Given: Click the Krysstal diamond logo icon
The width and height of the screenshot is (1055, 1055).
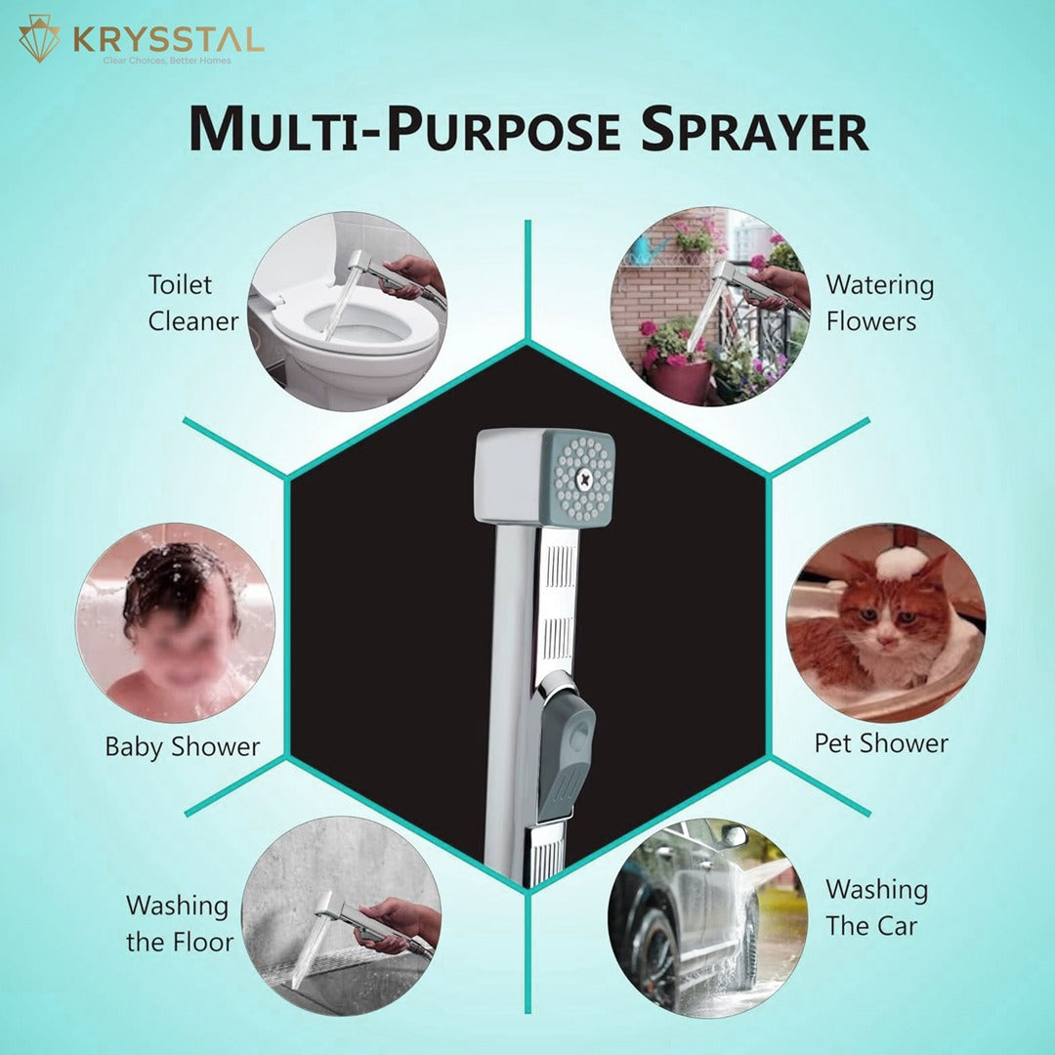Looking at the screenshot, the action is [x=40, y=39].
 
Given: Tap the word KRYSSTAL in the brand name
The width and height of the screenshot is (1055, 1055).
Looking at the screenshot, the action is [x=168, y=40].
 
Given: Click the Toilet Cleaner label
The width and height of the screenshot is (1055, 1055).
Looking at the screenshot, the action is [x=193, y=303].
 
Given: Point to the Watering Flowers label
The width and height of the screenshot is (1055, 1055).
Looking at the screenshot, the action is [x=880, y=303].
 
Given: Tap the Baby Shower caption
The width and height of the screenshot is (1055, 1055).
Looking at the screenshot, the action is [x=183, y=747].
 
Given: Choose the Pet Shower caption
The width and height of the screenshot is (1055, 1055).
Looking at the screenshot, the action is [x=881, y=743].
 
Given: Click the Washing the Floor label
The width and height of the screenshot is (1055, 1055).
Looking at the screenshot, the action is [x=180, y=923].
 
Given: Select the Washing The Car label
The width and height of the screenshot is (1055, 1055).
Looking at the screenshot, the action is [x=876, y=907].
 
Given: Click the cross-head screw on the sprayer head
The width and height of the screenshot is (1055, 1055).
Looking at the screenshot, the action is [x=582, y=479].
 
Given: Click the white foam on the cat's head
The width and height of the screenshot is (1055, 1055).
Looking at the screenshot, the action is [x=899, y=563].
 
